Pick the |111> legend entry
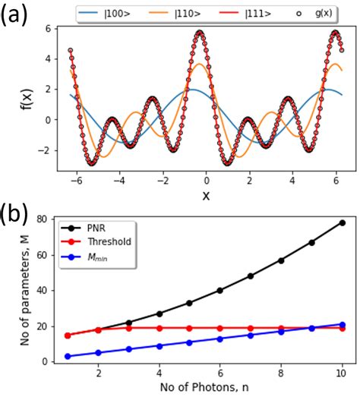tap(250, 14)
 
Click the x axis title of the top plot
tap(205, 196)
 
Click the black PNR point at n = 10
tap(342, 222)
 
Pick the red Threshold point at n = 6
tap(220, 328)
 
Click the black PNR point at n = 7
tap(251, 276)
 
